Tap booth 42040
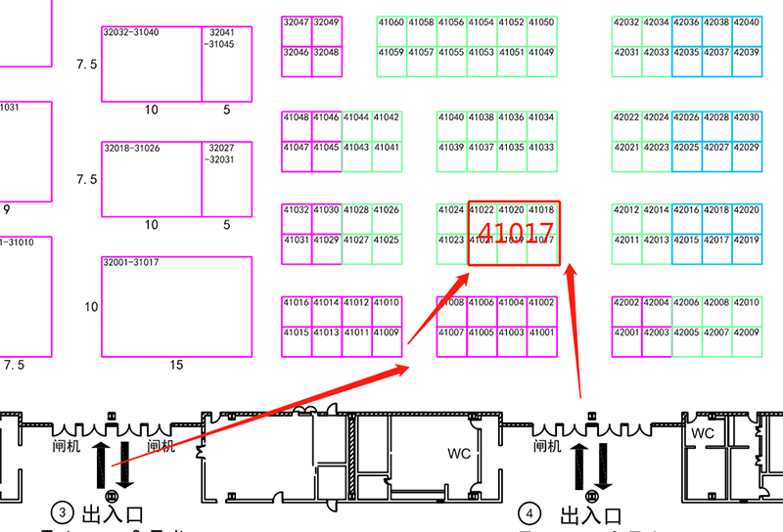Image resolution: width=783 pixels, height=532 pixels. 746,22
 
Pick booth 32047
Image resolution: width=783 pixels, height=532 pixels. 296,22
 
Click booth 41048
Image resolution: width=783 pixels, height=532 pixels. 296,117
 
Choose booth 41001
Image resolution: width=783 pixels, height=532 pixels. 541,332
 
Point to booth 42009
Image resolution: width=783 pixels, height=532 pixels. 746,332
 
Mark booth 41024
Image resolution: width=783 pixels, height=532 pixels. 451,210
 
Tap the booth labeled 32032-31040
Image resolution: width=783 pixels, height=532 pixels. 152,64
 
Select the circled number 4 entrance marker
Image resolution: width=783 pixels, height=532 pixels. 530,512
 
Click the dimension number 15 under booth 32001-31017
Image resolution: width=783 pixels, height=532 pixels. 176,365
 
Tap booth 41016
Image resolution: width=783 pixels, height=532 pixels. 296,303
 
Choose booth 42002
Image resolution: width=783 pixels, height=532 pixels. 626,303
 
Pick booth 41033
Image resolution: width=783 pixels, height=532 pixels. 541,148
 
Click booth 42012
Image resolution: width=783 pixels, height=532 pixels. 626,210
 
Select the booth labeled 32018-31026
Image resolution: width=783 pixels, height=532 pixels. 152,179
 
